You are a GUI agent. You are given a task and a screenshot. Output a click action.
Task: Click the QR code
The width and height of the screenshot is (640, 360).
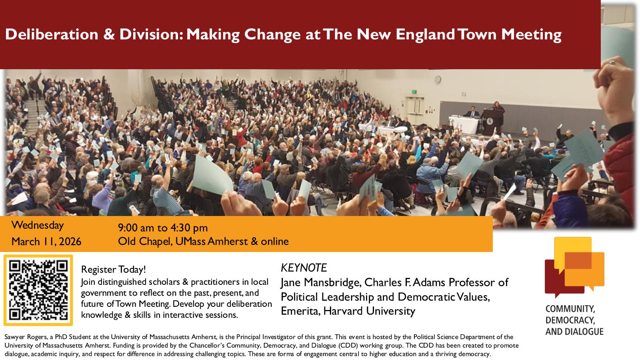(x=38, y=290)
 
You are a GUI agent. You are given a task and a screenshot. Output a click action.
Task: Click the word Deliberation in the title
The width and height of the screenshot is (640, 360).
(x=52, y=34)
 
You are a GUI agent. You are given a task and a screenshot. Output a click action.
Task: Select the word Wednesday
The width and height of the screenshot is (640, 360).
(x=38, y=226)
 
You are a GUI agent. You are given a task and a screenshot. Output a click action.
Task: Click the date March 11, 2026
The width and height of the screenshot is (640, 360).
(x=46, y=242)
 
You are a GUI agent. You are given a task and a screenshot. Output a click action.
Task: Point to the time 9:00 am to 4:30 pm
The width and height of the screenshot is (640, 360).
(x=163, y=228)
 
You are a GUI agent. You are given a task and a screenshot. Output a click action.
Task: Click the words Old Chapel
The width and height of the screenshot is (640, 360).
(x=145, y=242)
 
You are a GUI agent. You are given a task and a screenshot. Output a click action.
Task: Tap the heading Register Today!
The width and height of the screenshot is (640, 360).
(x=114, y=270)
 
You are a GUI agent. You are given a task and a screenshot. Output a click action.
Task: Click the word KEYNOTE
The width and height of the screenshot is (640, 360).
(x=304, y=268)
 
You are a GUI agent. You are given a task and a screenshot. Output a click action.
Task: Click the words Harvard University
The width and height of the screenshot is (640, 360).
(x=369, y=311)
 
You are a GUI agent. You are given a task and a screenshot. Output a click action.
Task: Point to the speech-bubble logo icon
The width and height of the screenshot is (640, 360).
(x=574, y=267)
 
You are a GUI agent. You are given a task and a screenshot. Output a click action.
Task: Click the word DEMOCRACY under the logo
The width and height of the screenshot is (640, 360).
(x=570, y=320)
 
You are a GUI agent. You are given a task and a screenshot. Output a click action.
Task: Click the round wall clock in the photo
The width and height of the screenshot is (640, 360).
(x=438, y=80)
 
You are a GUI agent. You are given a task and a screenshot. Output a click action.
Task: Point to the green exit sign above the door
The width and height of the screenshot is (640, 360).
(x=414, y=92)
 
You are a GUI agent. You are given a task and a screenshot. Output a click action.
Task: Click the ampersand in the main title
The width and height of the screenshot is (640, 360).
(x=109, y=34)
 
